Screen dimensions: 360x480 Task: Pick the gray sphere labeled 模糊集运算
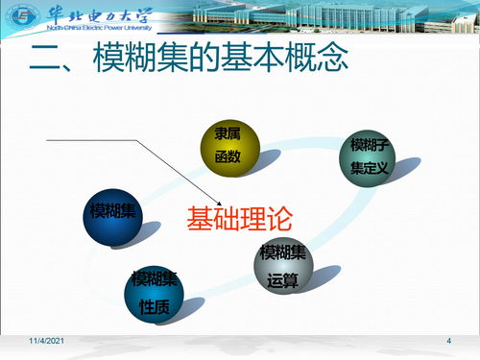[x=283, y=267]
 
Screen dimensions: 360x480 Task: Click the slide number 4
[x=450, y=343]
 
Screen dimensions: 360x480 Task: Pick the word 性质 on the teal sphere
[x=155, y=307]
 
